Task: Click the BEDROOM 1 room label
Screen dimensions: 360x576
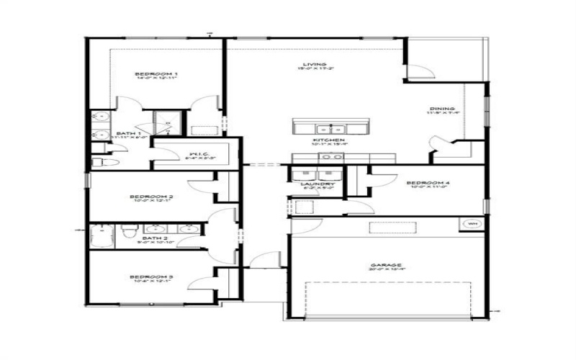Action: (x=156, y=73)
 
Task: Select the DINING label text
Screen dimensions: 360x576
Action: (x=439, y=109)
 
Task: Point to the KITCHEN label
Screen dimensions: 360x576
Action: (x=328, y=140)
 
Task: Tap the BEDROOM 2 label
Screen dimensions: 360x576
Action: (x=151, y=197)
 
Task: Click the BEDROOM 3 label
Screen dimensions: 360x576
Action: (x=151, y=277)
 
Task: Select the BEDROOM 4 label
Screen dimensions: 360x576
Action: (x=428, y=183)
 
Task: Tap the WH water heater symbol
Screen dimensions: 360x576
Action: (x=472, y=224)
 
